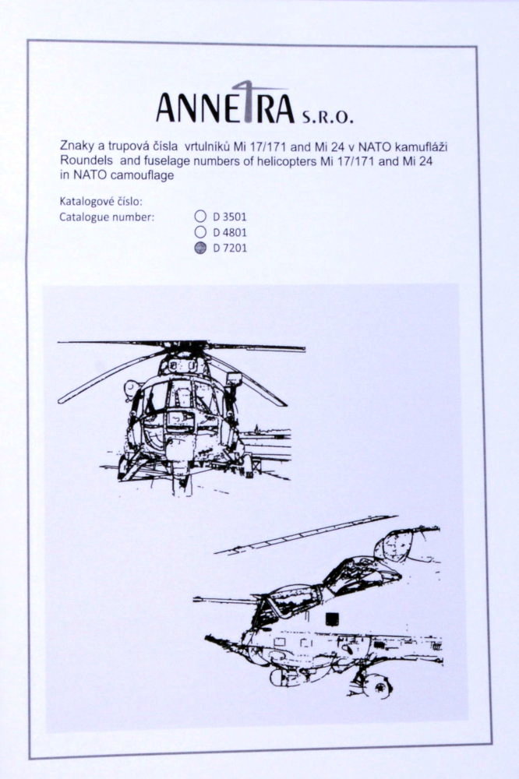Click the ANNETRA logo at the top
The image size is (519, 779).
pos(225,103)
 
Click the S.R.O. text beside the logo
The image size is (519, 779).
pos(327,117)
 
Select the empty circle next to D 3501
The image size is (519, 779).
pos(200,216)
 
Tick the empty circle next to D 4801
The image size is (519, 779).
pos(200,231)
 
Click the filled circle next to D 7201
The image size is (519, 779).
pos(200,248)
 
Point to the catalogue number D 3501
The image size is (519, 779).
pos(230,217)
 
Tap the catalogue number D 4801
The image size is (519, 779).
pos(230,232)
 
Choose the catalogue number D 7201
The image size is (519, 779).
pos(230,248)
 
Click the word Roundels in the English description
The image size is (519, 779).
pos(83,161)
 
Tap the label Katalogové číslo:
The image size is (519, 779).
pos(101,202)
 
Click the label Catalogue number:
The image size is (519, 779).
pos(107,217)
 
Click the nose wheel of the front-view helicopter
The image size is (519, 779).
pos(182,485)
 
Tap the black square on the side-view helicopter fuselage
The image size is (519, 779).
pos(332,618)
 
